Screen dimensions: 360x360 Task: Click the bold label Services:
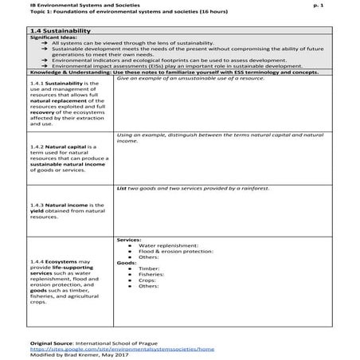pyautogui.click(x=129, y=239)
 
